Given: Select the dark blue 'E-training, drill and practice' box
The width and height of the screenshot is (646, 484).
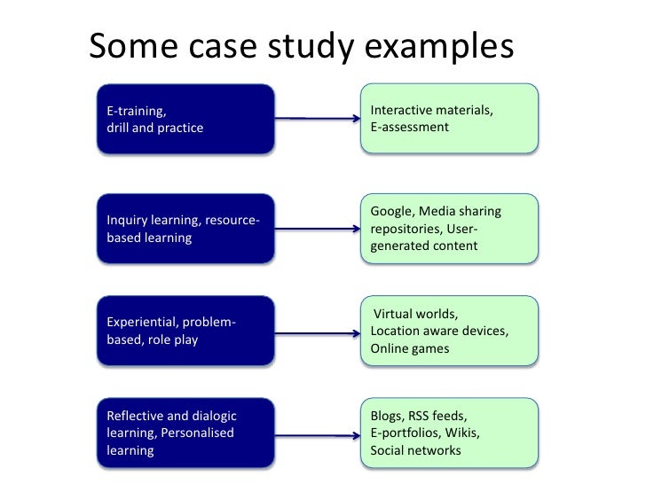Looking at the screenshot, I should (185, 119).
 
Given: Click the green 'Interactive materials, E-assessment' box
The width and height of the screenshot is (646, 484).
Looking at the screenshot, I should (449, 119).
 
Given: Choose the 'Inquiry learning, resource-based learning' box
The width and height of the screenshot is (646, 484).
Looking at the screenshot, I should (185, 229).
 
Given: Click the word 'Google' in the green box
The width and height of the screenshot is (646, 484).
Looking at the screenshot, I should (391, 211).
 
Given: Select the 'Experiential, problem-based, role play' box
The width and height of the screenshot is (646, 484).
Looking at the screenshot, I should (185, 331).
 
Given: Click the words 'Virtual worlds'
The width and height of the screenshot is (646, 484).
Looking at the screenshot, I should (415, 315).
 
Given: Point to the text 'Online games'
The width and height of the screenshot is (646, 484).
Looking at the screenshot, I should (410, 348).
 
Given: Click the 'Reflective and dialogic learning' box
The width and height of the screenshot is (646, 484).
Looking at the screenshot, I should (185, 433).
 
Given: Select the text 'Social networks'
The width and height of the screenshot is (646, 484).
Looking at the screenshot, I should (415, 450).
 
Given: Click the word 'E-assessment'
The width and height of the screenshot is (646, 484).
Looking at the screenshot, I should (410, 128).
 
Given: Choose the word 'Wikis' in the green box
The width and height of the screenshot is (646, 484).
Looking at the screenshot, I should (462, 433).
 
